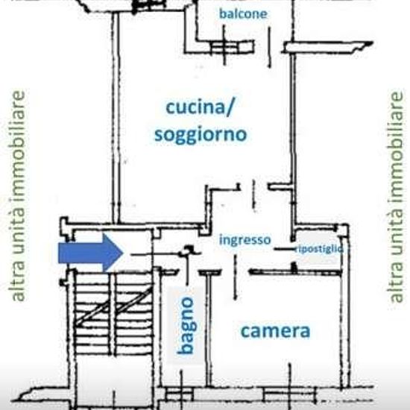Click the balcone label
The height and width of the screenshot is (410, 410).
243,14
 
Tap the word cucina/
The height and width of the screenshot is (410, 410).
199,107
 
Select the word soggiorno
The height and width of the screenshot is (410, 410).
201,135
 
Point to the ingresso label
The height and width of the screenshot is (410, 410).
245,240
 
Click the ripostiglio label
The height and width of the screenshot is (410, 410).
319,249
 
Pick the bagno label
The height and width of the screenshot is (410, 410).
186,325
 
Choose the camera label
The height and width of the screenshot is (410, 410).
275,331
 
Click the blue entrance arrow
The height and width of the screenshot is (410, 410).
90,253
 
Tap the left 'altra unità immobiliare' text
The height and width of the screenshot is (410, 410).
16,196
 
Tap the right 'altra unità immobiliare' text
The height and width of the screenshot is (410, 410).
396,197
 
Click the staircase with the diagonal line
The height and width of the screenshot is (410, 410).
113,313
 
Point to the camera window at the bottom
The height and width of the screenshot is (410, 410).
289,394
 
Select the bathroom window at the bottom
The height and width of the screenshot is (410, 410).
180,394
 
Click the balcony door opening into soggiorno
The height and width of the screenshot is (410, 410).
269,47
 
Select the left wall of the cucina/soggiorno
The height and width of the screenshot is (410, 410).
116,119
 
